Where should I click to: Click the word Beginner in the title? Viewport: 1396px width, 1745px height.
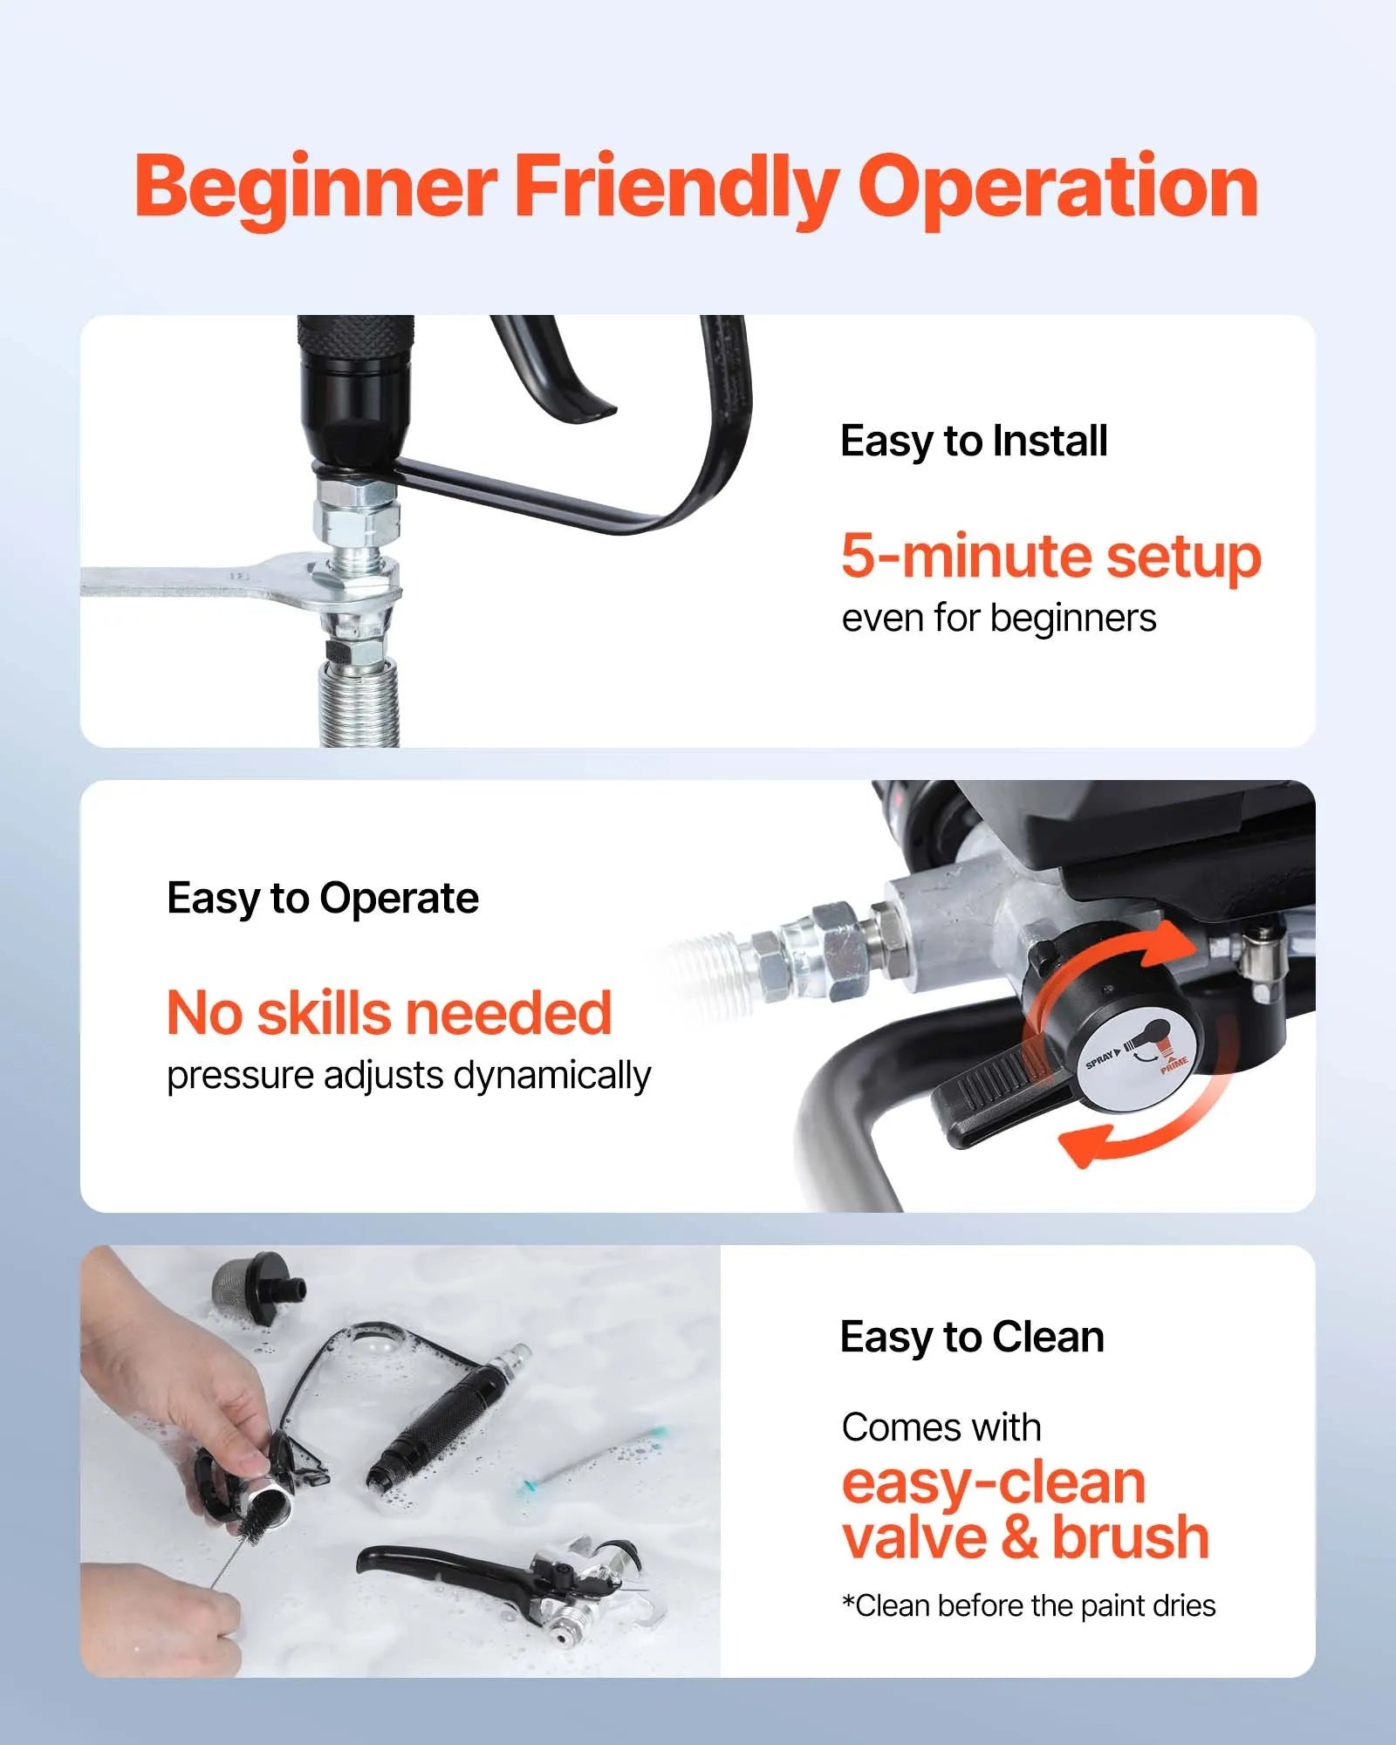click(x=316, y=188)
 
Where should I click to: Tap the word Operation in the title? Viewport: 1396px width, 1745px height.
click(x=1057, y=188)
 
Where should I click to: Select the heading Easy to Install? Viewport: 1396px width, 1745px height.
click(x=974, y=441)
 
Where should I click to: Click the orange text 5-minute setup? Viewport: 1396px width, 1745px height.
click(x=1050, y=556)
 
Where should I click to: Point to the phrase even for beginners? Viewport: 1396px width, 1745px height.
click(x=998, y=619)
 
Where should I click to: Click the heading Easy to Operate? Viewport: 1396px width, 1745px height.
click(x=323, y=898)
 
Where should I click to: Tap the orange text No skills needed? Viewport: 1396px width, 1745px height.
click(x=389, y=1013)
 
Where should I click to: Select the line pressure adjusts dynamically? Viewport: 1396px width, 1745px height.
click(x=408, y=1076)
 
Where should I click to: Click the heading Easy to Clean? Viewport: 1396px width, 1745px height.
click(x=972, y=1337)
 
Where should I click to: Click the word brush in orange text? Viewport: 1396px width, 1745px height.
click(x=1131, y=1537)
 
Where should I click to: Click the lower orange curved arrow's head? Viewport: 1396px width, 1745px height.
click(x=1082, y=1146)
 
